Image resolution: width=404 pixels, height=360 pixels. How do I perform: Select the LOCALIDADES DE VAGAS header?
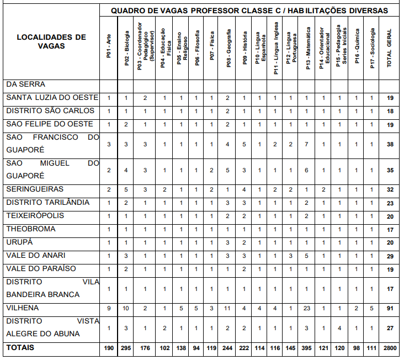pos(51,41)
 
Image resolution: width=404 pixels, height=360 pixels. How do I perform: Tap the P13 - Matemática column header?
pos(308,49)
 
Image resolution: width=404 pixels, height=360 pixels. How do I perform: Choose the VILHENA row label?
pos(22,308)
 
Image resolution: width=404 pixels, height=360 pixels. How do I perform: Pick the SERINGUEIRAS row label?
pos(35,189)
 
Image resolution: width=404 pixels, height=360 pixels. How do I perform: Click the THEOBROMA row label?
pos(31,229)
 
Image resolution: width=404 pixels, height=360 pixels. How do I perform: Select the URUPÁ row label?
pos(20,242)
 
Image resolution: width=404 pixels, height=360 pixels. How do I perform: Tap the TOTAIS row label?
pos(20,348)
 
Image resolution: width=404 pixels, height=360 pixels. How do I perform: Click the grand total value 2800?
pos(390,348)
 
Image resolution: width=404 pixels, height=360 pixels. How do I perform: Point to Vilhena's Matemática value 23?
pos(308,308)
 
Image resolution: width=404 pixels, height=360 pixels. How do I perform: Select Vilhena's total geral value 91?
pos(390,308)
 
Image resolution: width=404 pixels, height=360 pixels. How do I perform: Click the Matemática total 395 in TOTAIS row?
pos(308,348)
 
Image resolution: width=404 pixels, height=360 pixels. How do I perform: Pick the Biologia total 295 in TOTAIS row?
pos(126,348)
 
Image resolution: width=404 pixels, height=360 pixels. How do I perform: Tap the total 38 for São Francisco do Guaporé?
pos(390,144)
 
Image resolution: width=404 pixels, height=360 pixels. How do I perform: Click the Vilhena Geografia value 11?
pos(227,308)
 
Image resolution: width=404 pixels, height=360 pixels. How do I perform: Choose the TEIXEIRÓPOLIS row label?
pos(35,215)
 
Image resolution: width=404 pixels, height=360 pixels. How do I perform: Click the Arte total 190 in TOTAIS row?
pos(109,348)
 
